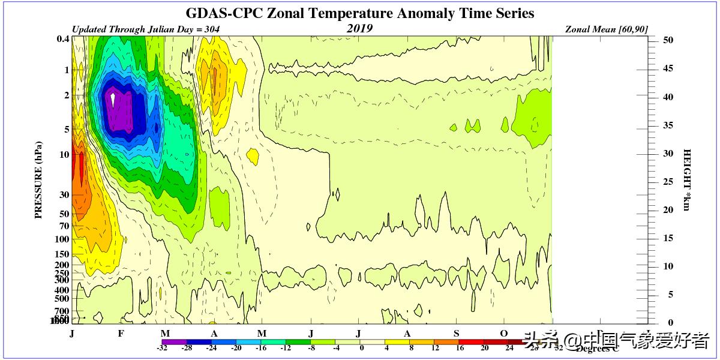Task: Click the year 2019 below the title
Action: (x=359, y=28)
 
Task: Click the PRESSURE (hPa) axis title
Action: (x=39, y=180)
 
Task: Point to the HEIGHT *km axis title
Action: (x=687, y=180)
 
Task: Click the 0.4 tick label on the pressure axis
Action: (x=62, y=40)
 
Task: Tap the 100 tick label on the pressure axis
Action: (x=62, y=239)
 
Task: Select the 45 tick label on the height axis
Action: (x=668, y=68)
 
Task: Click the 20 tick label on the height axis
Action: (x=668, y=210)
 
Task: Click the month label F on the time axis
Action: (x=121, y=334)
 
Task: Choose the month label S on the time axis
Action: (x=457, y=334)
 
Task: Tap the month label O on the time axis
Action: (x=504, y=334)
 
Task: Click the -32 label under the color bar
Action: (x=162, y=347)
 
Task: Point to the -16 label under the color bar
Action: (x=261, y=347)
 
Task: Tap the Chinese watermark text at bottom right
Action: (x=618, y=340)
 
